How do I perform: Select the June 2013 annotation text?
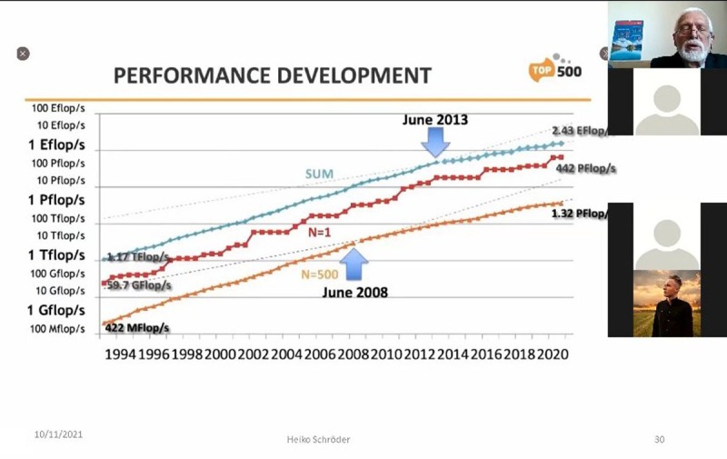click(x=436, y=119)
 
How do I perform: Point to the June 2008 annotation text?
click(x=354, y=293)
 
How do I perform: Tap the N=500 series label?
click(x=320, y=273)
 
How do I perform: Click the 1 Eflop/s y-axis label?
click(x=55, y=145)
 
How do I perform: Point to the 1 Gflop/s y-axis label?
click(x=55, y=310)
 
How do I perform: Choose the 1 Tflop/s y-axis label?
click(x=55, y=254)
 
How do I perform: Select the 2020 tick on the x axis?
click(x=551, y=354)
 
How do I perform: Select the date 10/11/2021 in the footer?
click(x=59, y=435)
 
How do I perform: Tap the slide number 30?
click(x=660, y=440)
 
